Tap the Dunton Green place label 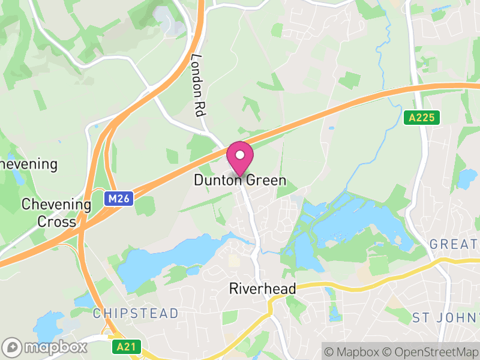(x=240, y=180)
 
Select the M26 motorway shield (x=118, y=198)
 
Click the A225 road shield (x=421, y=118)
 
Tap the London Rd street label (x=198, y=85)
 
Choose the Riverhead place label (x=263, y=289)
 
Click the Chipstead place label (x=136, y=313)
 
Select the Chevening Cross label (x=56, y=213)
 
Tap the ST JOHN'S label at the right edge (x=446, y=317)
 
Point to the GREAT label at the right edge (x=455, y=244)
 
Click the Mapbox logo (x=46, y=347)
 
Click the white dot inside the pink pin (x=240, y=155)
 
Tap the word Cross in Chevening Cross (x=57, y=221)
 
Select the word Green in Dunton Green (x=265, y=180)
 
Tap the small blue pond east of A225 (x=467, y=177)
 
